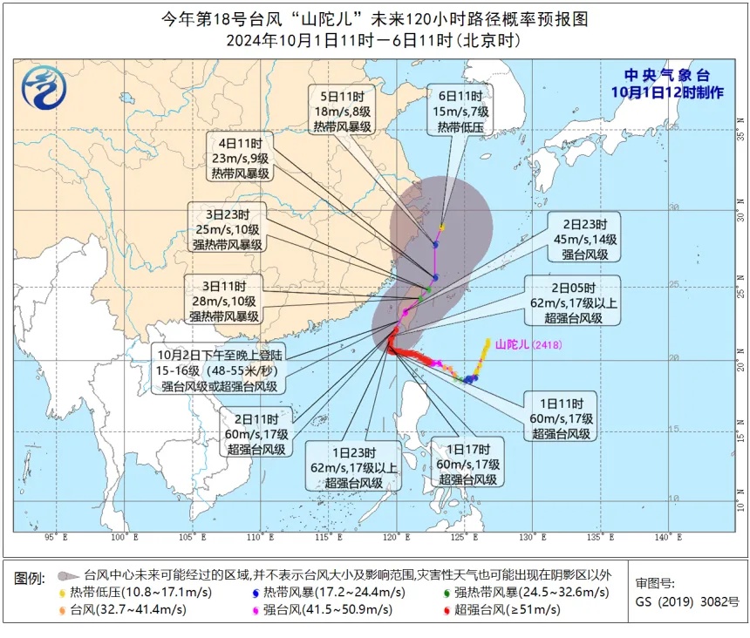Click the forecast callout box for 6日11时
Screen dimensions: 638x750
[460, 111]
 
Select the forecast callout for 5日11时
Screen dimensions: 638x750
[348, 110]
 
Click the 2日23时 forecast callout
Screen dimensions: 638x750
[584, 236]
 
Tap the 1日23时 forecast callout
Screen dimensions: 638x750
[353, 466]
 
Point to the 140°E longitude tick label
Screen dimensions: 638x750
[667, 537]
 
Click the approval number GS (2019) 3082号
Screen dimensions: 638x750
[687, 601]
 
